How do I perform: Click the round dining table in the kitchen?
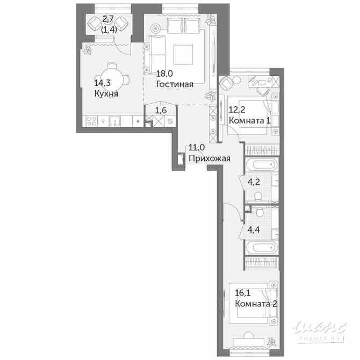click(111, 76)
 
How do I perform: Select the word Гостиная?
click(174, 84)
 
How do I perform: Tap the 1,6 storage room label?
click(161, 110)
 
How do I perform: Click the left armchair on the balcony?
click(92, 23)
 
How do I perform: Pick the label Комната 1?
click(249, 120)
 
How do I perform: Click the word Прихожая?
click(209, 158)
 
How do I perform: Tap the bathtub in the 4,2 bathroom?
click(261, 164)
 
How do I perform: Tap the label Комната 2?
click(256, 304)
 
